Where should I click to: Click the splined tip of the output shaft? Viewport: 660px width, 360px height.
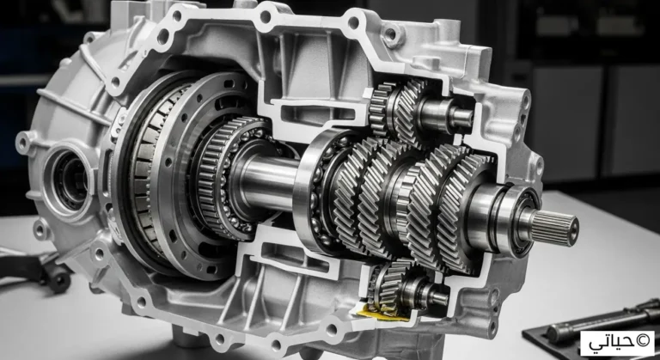coord(554,228)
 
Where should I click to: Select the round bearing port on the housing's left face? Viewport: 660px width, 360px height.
coord(69,177)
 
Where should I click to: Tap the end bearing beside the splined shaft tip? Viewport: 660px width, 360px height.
coord(518,220)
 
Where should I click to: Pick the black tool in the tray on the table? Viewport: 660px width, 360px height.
coord(602,323)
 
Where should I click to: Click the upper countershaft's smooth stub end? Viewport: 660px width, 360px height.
coord(461,117)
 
